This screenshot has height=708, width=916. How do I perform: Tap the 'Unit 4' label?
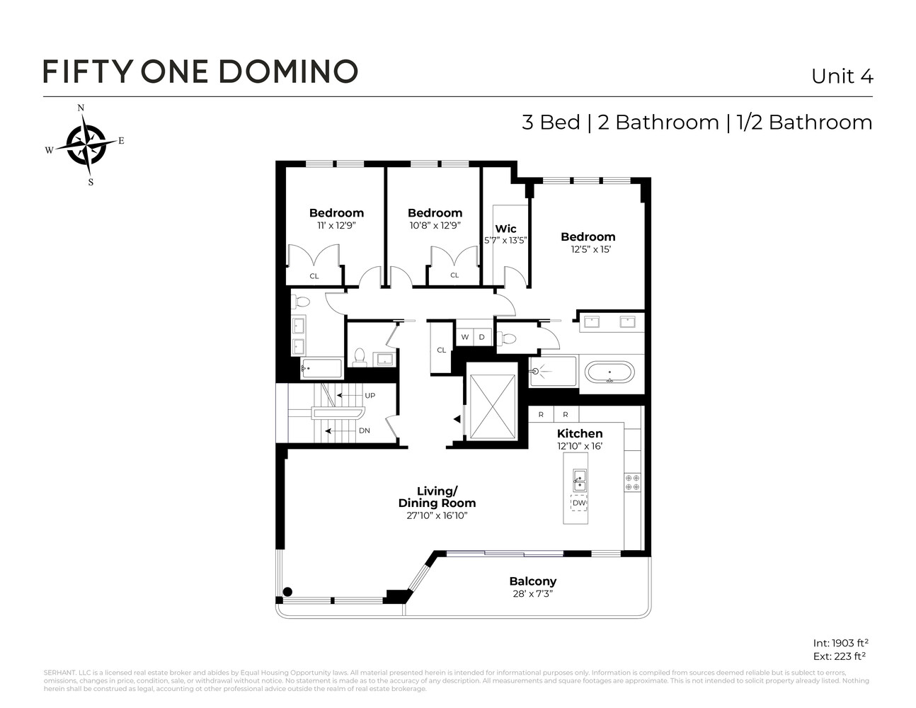pyautogui.click(x=842, y=76)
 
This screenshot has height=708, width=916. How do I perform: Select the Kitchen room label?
pyautogui.click(x=580, y=433)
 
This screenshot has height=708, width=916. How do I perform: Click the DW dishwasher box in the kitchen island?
pyautogui.click(x=579, y=503)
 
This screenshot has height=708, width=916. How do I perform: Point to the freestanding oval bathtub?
pyautogui.click(x=609, y=372)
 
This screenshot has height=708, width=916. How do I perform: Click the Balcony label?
pyautogui.click(x=532, y=581)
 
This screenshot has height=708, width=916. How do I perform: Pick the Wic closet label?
pyautogui.click(x=505, y=229)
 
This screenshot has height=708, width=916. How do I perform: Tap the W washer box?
pyautogui.click(x=465, y=337)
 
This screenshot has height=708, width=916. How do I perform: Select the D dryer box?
pyautogui.click(x=482, y=337)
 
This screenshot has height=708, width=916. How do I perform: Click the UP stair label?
pyautogui.click(x=370, y=395)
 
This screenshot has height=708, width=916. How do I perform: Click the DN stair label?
pyautogui.click(x=364, y=430)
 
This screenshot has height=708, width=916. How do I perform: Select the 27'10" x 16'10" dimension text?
pyautogui.click(x=437, y=516)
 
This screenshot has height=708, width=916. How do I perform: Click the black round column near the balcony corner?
pyautogui.click(x=287, y=592)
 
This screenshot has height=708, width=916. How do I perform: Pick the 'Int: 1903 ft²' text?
pyautogui.click(x=840, y=643)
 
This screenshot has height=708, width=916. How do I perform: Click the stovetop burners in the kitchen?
pyautogui.click(x=632, y=482)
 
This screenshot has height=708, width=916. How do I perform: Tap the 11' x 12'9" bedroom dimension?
pyautogui.click(x=336, y=225)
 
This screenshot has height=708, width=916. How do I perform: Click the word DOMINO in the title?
pyautogui.click(x=287, y=72)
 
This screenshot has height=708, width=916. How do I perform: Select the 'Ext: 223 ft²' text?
pyautogui.click(x=840, y=656)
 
